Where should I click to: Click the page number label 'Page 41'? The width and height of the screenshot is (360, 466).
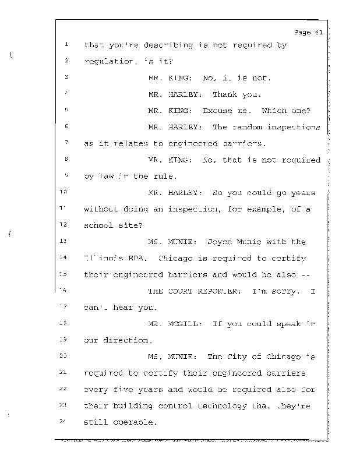point(309,33)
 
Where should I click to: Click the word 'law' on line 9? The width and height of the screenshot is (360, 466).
point(107,176)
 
